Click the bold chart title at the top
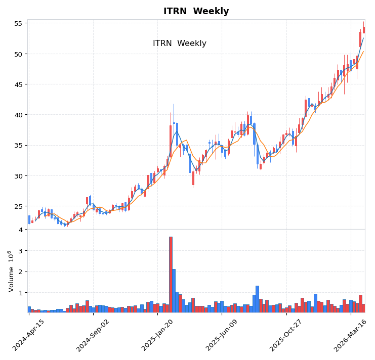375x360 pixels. [196, 11]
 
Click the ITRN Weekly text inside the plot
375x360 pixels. [180, 43]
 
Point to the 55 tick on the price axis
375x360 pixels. [18, 23]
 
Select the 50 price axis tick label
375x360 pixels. [18, 54]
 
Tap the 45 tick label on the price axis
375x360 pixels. [18, 84]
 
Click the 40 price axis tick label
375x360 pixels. [18, 115]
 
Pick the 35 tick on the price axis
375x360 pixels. [18, 146]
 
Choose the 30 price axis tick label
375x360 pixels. [18, 176]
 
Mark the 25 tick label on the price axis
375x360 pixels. [18, 206]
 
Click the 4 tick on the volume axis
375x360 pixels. [20, 230]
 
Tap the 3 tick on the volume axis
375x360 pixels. [20, 251]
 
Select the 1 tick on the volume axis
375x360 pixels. [20, 293]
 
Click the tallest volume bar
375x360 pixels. [171, 275]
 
